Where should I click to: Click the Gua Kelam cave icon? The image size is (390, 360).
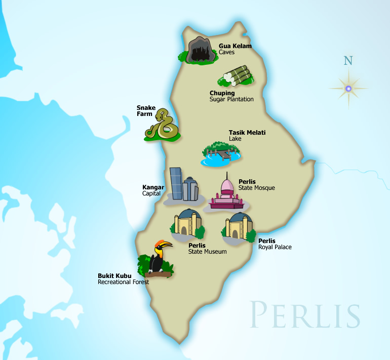point(199,51)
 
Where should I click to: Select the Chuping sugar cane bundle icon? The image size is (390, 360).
point(237,76)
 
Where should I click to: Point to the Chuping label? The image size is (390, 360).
point(222,93)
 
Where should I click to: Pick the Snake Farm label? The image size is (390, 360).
point(146,111)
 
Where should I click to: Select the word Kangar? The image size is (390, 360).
point(153,187)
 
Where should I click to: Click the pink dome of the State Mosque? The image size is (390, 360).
point(226,185)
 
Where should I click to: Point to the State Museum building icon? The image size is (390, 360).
point(187,224)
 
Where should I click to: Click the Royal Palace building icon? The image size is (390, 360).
point(237,226)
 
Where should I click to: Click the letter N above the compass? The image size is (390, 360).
point(348,61)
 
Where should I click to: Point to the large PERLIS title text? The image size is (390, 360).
point(305,314)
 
